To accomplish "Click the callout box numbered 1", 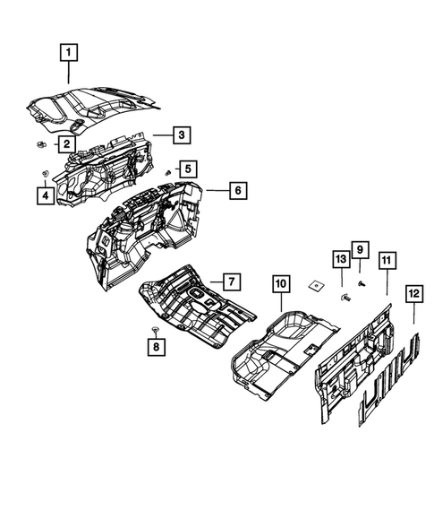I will [69, 52].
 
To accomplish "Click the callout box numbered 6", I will [236, 191].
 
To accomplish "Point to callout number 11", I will [386, 261].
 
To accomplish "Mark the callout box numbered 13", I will [340, 260].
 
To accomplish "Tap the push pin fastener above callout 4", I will [43, 172].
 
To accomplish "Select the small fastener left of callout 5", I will [168, 170].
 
